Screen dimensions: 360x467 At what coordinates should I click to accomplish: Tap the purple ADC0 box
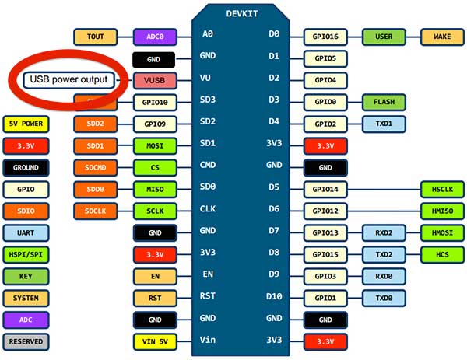pyautogui.click(x=155, y=37)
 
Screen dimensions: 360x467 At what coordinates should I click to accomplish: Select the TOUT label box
pyautogui.click(x=96, y=37)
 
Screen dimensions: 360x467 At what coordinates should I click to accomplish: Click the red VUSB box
pyautogui.click(x=154, y=79)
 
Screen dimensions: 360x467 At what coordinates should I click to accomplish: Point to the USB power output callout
pyautogui.click(x=68, y=79)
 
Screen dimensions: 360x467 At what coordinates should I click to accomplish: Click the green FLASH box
pyautogui.click(x=384, y=102)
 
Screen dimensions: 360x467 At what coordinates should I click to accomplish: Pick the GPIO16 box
pyautogui.click(x=325, y=37)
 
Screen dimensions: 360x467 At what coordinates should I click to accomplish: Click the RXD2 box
pyautogui.click(x=384, y=232)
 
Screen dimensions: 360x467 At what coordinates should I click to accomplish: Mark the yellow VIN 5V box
pyautogui.click(x=154, y=341)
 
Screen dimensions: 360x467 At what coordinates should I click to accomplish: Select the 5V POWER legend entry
pyautogui.click(x=26, y=124)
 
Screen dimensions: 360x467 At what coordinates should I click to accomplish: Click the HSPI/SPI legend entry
pyautogui.click(x=26, y=254)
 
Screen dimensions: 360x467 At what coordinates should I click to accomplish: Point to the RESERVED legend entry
pyautogui.click(x=26, y=341)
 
